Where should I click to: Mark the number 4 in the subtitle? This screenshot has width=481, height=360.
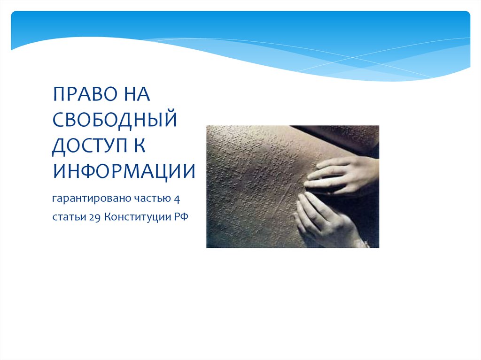click(x=177, y=199)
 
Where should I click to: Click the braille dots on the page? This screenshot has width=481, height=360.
click(x=249, y=169)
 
